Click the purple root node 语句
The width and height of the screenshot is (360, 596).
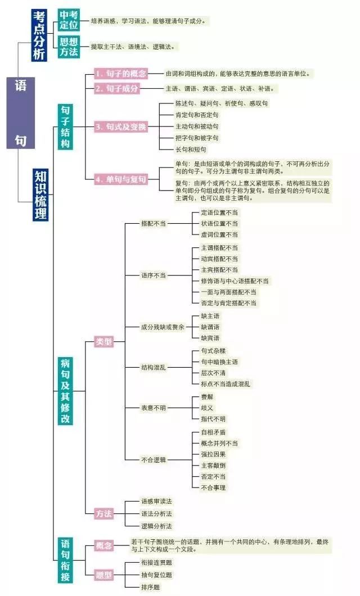click(20, 112)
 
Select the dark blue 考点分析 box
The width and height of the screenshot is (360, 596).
click(39, 35)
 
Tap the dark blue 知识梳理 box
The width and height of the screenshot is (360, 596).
click(40, 195)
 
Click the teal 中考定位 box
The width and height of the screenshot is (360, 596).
click(69, 20)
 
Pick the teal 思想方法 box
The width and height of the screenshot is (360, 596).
click(69, 47)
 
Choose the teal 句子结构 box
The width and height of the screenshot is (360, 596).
click(65, 127)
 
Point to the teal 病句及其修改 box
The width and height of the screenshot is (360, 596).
click(65, 391)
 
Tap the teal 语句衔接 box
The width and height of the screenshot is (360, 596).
click(65, 560)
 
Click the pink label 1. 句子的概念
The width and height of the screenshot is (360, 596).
click(120, 74)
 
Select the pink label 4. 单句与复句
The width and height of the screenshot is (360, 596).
click(120, 179)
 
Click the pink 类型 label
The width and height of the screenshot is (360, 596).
click(103, 342)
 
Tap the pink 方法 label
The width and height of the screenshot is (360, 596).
click(103, 514)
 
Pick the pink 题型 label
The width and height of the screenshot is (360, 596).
click(103, 575)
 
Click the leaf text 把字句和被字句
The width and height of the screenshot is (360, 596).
click(197, 138)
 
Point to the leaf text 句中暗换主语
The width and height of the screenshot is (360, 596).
click(219, 362)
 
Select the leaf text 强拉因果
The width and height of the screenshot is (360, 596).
click(213, 454)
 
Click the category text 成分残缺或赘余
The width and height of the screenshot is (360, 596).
click(163, 327)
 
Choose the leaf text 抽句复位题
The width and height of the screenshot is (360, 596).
click(156, 575)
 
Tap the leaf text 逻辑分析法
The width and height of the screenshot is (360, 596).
click(156, 526)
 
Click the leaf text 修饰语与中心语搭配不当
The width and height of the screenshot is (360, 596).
click(235, 281)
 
